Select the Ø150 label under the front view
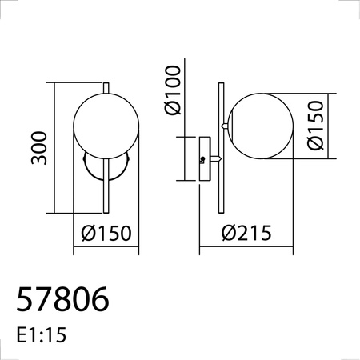106,234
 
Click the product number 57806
62,299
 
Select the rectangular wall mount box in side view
204,160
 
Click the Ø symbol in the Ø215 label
226,234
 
